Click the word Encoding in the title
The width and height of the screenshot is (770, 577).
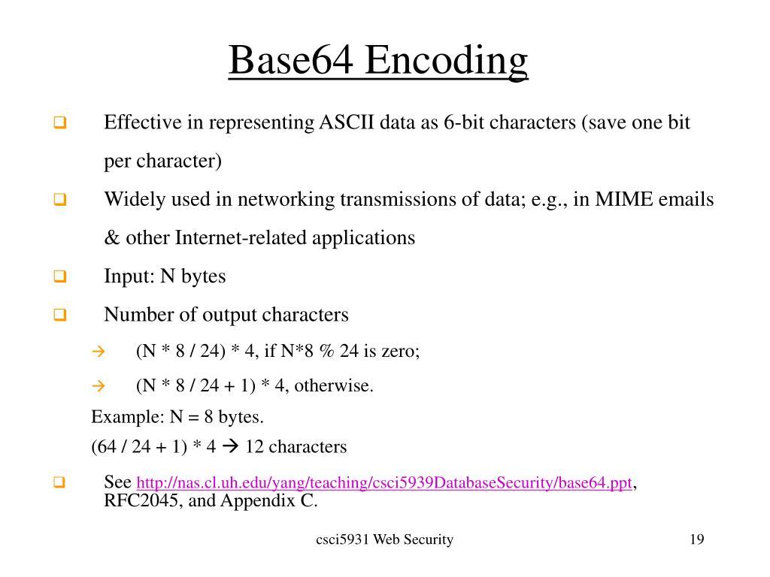pyautogui.click(x=447, y=62)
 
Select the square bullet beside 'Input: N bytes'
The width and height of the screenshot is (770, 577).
pyautogui.click(x=60, y=277)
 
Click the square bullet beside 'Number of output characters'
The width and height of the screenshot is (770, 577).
pyautogui.click(x=60, y=316)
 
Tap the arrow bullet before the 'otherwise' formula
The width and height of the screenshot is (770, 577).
pyautogui.click(x=97, y=386)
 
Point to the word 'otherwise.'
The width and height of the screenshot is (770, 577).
pyautogui.click(x=335, y=386)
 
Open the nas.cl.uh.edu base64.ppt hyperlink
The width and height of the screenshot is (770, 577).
pyautogui.click(x=384, y=483)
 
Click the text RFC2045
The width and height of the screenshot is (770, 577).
pyautogui.click(x=141, y=501)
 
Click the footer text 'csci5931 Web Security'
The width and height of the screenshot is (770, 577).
pyautogui.click(x=384, y=539)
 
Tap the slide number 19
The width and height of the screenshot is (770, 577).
pyautogui.click(x=696, y=539)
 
